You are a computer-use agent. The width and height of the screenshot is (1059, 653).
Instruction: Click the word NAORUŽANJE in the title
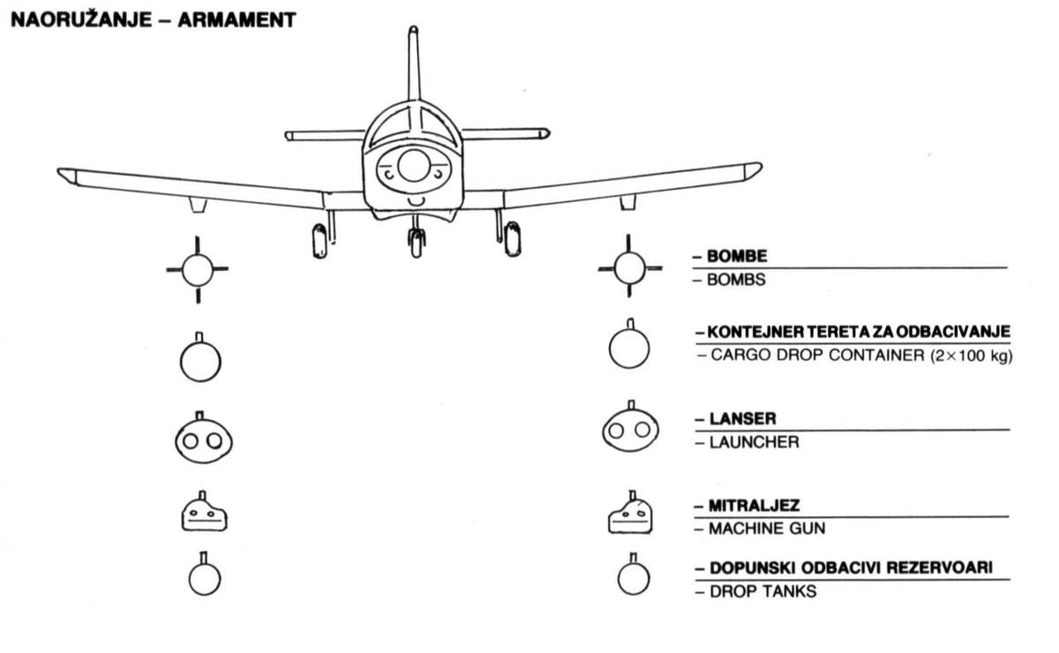point(81,20)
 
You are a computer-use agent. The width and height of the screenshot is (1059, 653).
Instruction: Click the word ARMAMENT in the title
point(237,20)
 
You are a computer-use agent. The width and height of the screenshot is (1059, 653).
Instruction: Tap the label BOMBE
point(737,256)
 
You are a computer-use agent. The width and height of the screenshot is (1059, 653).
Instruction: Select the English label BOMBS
point(736,280)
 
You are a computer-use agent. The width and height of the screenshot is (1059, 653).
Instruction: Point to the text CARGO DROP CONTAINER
point(817,355)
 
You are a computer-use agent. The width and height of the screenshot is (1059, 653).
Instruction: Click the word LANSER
point(743,419)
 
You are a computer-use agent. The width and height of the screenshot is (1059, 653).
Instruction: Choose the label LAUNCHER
point(754,443)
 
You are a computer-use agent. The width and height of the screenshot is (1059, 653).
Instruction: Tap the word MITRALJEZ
point(754,506)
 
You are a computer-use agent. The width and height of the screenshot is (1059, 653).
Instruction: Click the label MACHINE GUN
point(767,529)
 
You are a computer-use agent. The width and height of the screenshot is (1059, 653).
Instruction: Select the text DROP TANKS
point(763,591)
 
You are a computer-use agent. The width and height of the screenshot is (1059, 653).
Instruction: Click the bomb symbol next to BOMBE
point(630,266)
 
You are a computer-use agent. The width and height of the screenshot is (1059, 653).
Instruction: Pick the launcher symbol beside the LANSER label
point(630,427)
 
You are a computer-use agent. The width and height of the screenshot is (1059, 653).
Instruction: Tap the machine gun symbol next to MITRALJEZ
point(630,513)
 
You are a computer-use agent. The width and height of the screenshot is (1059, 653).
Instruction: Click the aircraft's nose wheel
point(416,243)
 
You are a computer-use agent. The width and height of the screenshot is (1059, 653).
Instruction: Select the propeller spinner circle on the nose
point(414,166)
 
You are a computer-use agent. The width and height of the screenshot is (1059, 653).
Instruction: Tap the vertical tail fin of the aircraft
point(414,63)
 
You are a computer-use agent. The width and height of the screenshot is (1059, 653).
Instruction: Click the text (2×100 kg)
point(972,356)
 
